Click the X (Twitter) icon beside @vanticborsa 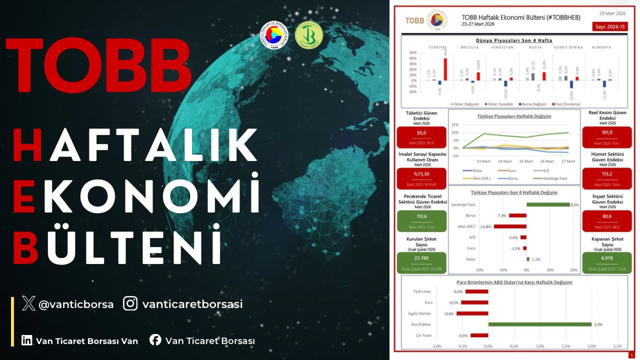pyautogui.click(x=29, y=303)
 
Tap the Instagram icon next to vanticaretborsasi pyautogui.click(x=130, y=303)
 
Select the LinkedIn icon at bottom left pyautogui.click(x=26, y=340)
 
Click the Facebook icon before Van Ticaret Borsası pyautogui.click(x=155, y=340)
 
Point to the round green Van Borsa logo pyautogui.click(x=308, y=36)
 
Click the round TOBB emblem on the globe pyautogui.click(x=274, y=36)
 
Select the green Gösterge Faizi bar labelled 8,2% pyautogui.click(x=547, y=204)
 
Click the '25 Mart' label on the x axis pyautogui.click(x=525, y=161)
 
